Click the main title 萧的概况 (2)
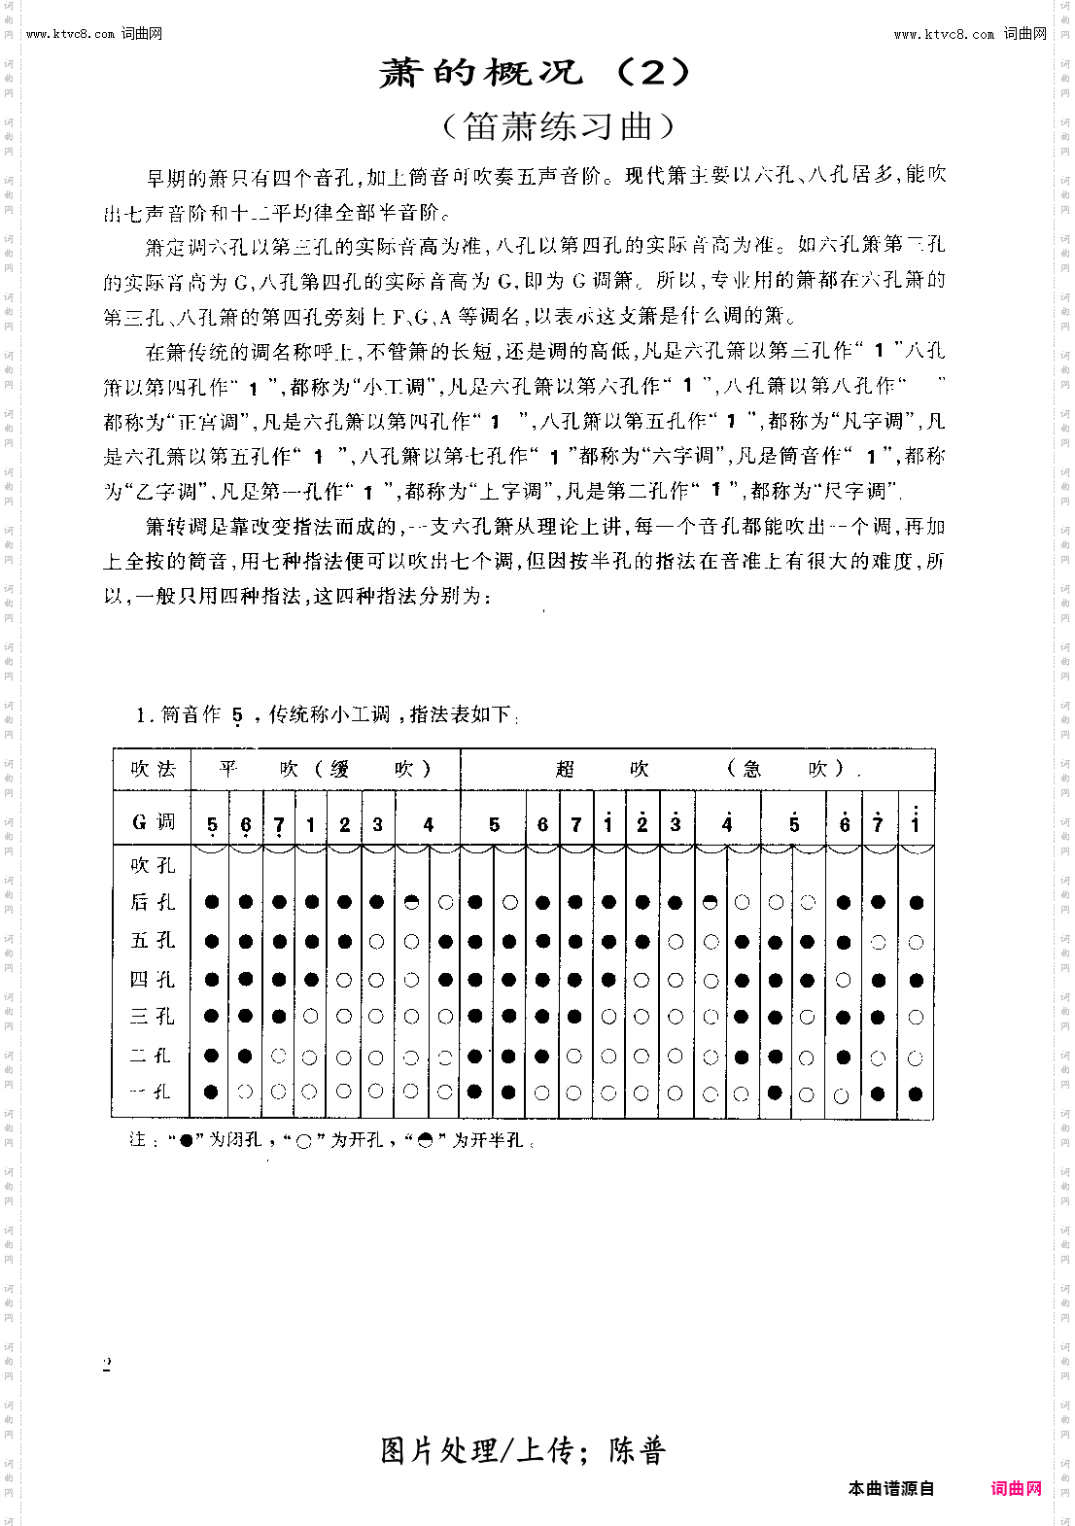536,73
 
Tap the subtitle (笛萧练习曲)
558,126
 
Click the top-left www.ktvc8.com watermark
94,34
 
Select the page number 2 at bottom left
107,1365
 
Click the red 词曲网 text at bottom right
1016,1488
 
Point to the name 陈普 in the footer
638,1451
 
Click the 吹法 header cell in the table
153,770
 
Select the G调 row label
153,822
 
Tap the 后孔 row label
153,902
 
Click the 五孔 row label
153,940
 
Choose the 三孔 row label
153,1017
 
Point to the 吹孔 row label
153,865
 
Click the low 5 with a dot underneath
212,826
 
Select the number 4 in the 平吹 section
428,824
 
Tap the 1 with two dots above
915,822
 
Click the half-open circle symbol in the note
425,1140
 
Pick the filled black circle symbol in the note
186,1140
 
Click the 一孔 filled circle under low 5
212,1092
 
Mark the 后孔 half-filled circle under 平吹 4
411,902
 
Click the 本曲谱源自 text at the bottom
890,1488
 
